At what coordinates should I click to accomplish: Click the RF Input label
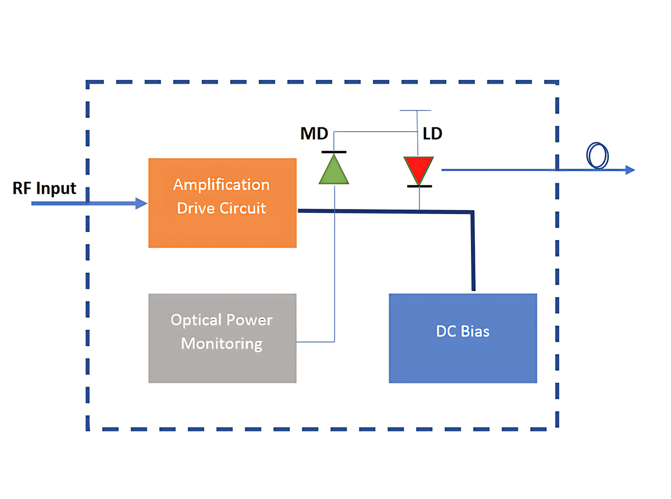click(45, 189)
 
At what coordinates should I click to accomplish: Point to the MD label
click(314, 135)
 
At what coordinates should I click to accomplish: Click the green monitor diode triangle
click(334, 170)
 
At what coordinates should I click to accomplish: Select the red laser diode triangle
click(419, 169)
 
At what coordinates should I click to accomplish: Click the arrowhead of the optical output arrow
click(630, 169)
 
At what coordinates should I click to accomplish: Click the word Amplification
click(221, 184)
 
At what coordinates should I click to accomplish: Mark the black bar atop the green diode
click(334, 151)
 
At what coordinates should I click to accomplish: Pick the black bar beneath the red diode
click(419, 186)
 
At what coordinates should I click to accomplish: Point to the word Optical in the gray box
click(196, 320)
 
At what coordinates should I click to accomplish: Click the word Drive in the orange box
click(195, 208)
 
